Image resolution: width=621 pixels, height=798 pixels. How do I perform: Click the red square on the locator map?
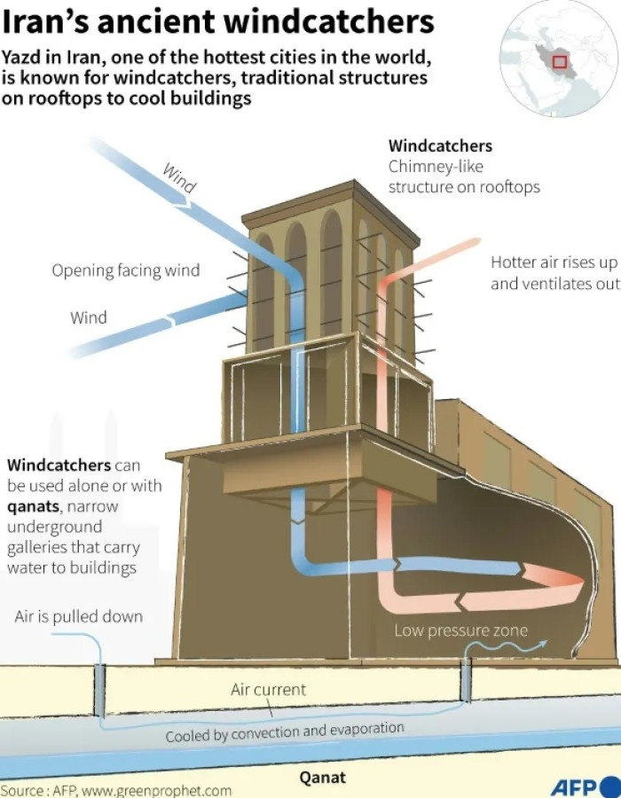[560, 62]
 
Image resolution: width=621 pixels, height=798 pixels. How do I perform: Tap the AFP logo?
[586, 787]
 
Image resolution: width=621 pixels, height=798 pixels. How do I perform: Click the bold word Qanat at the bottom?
[322, 778]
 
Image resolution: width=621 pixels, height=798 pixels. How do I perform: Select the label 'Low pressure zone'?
[460, 630]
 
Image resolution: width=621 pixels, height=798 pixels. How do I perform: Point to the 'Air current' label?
[268, 690]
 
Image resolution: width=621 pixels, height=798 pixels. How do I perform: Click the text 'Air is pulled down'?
[79, 617]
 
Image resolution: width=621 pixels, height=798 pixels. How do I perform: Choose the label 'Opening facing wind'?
[126, 270]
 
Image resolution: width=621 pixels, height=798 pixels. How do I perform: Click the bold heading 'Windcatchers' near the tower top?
[440, 146]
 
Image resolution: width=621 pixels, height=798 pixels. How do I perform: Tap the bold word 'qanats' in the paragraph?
[33, 507]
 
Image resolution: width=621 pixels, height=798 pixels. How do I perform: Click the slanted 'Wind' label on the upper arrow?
[179, 178]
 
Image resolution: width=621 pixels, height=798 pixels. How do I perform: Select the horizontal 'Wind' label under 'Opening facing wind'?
[89, 317]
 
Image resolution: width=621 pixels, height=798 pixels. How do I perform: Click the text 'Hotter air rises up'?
[554, 262]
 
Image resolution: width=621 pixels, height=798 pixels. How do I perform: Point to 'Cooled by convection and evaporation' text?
[285, 732]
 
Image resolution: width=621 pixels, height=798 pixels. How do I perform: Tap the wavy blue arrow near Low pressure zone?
[506, 647]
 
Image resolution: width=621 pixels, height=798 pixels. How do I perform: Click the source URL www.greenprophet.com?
[156, 790]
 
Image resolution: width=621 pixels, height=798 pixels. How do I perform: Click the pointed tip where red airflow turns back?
[584, 580]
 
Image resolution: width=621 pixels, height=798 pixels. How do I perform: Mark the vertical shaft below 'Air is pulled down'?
[99, 690]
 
